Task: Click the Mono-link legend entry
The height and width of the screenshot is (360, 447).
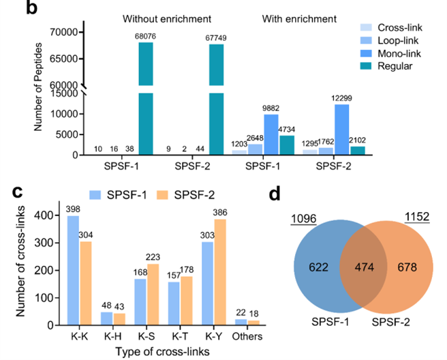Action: (390, 53)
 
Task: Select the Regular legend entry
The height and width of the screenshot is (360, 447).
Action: (386, 66)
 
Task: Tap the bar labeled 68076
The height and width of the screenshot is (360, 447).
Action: (146, 98)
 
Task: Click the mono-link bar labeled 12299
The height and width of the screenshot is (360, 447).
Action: (342, 130)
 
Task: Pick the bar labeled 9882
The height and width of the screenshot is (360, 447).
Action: (271, 134)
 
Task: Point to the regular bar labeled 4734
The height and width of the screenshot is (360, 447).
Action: (287, 145)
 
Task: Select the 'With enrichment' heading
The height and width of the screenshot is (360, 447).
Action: (299, 19)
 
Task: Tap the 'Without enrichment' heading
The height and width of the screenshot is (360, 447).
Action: (167, 19)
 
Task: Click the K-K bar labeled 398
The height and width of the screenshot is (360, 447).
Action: (74, 271)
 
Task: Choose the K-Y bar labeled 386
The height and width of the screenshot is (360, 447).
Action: (220, 272)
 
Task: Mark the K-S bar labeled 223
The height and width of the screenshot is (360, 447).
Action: (153, 295)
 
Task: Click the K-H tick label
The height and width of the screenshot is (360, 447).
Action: (113, 337)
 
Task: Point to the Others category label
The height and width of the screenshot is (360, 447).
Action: (247, 337)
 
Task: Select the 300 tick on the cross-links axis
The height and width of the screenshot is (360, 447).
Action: (44, 243)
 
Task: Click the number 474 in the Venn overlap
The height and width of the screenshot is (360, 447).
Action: (364, 267)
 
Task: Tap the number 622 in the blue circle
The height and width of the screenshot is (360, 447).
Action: (319, 267)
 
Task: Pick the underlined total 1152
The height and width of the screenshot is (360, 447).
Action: (417, 217)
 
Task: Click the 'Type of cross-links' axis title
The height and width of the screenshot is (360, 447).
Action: (162, 352)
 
